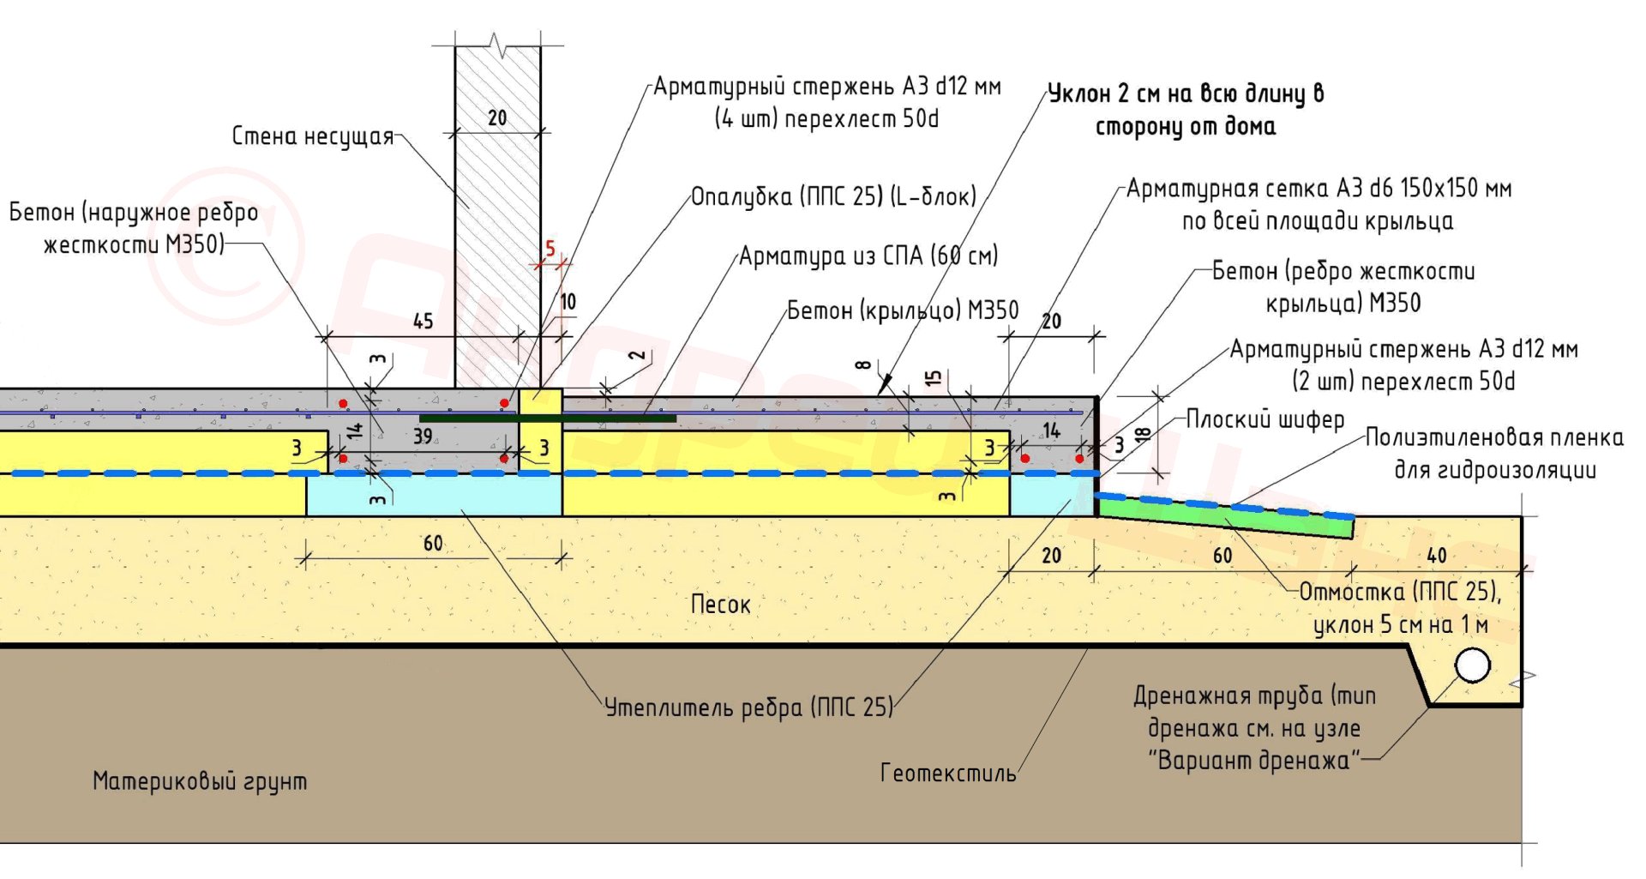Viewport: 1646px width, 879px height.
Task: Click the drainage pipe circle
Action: click(1473, 665)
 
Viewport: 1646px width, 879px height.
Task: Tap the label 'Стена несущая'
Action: click(312, 136)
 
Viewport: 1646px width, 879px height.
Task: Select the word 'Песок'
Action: click(720, 605)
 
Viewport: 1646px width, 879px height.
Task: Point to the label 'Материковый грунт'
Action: click(199, 781)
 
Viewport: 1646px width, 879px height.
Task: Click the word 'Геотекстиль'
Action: click(948, 773)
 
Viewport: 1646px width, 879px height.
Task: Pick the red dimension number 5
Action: click(550, 249)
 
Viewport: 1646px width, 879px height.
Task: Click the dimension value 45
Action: click(423, 322)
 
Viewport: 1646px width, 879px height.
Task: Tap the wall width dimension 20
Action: click(497, 118)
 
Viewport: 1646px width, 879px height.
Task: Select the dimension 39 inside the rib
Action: click(423, 436)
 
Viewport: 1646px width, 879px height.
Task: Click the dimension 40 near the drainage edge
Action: click(1437, 556)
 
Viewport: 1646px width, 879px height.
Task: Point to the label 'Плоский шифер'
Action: click(1265, 419)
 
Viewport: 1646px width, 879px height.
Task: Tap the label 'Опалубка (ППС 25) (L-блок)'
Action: click(833, 197)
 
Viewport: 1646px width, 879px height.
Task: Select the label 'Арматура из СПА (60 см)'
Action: click(868, 256)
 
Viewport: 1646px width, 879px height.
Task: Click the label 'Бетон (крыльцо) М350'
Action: click(903, 310)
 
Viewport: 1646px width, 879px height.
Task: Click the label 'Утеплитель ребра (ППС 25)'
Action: click(748, 707)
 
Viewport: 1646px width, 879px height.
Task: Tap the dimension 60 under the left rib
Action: click(433, 544)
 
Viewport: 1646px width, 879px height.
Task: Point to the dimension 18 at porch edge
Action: click(1142, 434)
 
